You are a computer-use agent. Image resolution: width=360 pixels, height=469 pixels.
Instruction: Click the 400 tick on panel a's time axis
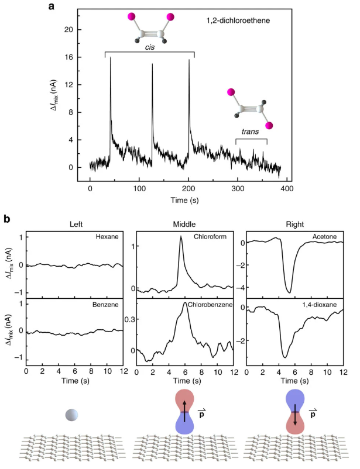287,189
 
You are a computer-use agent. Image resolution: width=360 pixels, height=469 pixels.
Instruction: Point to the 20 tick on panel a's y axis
70,29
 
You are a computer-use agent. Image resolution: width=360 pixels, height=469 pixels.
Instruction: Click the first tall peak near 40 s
111,57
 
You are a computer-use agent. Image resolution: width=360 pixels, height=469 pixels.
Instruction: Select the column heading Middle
184,223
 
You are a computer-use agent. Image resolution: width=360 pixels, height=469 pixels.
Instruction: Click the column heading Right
294,223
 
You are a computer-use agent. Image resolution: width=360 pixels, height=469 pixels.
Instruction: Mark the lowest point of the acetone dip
289,292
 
